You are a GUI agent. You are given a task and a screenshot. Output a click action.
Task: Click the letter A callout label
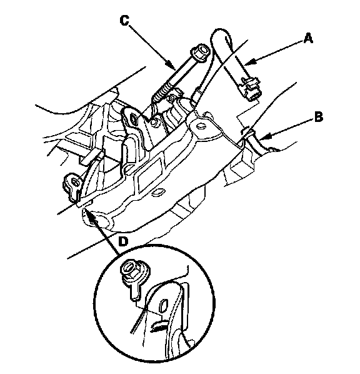pyautogui.click(x=307, y=38)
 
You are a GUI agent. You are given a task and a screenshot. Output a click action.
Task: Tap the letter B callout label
pyautogui.click(x=319, y=118)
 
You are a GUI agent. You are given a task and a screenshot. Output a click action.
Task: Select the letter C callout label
pyautogui.click(x=124, y=20)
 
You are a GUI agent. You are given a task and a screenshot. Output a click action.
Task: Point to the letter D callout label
pyautogui.click(x=123, y=241)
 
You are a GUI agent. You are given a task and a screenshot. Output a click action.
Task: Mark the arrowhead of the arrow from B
pyautogui.click(x=264, y=137)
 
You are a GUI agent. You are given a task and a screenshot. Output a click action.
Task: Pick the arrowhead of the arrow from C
pyautogui.click(x=171, y=65)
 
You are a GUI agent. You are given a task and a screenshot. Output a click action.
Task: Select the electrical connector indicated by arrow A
pyautogui.click(x=251, y=89)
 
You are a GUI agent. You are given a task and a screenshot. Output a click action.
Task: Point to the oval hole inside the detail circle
pyautogui.click(x=164, y=305)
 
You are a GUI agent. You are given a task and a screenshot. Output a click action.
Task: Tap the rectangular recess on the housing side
pyautogui.click(x=149, y=173)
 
